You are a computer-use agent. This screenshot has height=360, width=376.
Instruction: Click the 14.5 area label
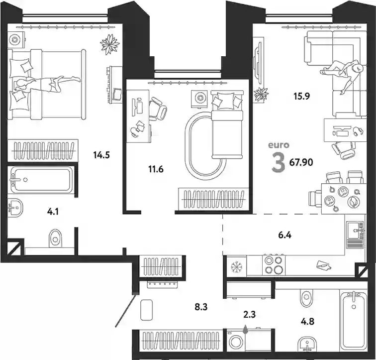coord(101,155)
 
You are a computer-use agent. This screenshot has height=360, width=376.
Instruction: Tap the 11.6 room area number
coord(156,169)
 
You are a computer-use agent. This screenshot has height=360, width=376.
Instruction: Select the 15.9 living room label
coord(302,96)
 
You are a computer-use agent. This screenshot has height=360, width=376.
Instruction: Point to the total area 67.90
coord(301,162)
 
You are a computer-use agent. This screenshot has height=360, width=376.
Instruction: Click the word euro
coord(279,145)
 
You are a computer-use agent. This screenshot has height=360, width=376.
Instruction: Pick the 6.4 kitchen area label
coord(285,235)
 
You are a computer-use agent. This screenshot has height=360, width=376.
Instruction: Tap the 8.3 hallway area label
coord(201,307)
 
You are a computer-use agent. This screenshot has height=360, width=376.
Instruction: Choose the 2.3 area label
coord(249,314)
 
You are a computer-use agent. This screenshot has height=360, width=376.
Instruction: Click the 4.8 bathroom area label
coord(308,321)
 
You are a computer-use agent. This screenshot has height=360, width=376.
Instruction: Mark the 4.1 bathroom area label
coord(53,212)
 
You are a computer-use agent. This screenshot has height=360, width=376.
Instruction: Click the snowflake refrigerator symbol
coord(237,267)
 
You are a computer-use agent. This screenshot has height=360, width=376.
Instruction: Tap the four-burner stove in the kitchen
coord(274,265)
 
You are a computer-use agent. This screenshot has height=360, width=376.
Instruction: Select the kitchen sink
coord(356,230)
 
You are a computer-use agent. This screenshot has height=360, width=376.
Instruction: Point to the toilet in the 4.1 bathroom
coord(55,238)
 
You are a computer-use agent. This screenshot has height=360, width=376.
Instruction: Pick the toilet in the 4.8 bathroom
coord(306,298)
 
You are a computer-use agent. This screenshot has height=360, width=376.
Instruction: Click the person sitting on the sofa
coord(343,75)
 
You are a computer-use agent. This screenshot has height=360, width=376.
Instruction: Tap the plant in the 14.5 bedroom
coord(110,44)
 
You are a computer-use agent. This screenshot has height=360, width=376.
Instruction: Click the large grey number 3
coord(278,163)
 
